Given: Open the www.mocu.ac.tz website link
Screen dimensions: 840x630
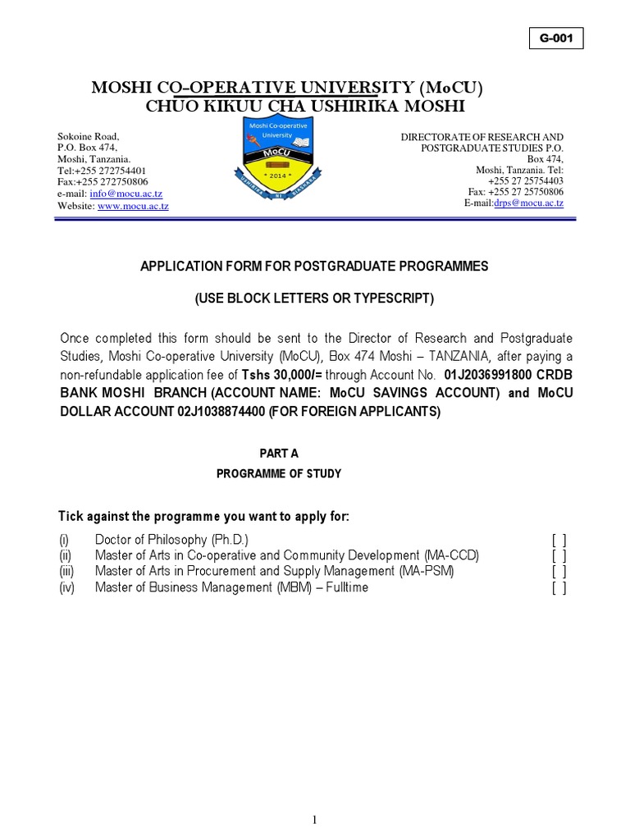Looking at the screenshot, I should (133, 206).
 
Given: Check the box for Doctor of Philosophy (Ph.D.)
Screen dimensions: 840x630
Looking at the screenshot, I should (559, 540).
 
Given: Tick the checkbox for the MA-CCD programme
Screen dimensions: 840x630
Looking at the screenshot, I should (559, 555).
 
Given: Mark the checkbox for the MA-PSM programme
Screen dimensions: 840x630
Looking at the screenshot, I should (559, 572).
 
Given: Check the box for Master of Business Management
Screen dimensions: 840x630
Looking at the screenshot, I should (559, 587).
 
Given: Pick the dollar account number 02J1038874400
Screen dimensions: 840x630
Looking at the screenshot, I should (221, 412).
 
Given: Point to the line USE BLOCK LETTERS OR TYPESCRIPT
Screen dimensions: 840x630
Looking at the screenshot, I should (314, 299).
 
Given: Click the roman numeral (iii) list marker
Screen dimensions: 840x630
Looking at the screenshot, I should (66, 572).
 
